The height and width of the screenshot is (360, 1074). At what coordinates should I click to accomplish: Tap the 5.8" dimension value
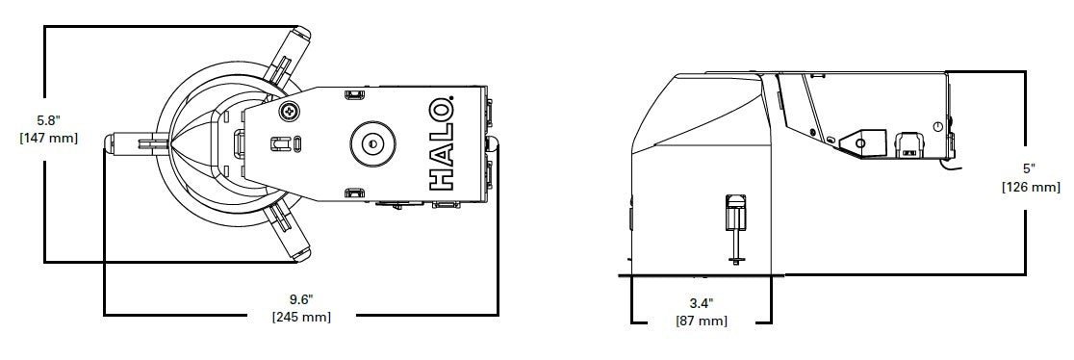pos(48,121)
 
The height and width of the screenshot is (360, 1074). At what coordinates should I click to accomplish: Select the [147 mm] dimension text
pos(48,138)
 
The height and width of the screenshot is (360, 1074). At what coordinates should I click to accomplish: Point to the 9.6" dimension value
pos(301,299)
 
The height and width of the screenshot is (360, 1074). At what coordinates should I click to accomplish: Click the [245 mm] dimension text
pos(301,317)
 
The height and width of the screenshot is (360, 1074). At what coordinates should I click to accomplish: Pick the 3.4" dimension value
pos(701,303)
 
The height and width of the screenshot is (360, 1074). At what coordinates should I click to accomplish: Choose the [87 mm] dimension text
pos(701,321)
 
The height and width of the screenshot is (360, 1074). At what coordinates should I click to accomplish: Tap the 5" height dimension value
pos(1030,169)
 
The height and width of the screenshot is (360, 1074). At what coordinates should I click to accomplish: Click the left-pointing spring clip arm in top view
pos(135,144)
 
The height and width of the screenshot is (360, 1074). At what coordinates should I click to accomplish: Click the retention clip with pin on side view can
pos(733,221)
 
